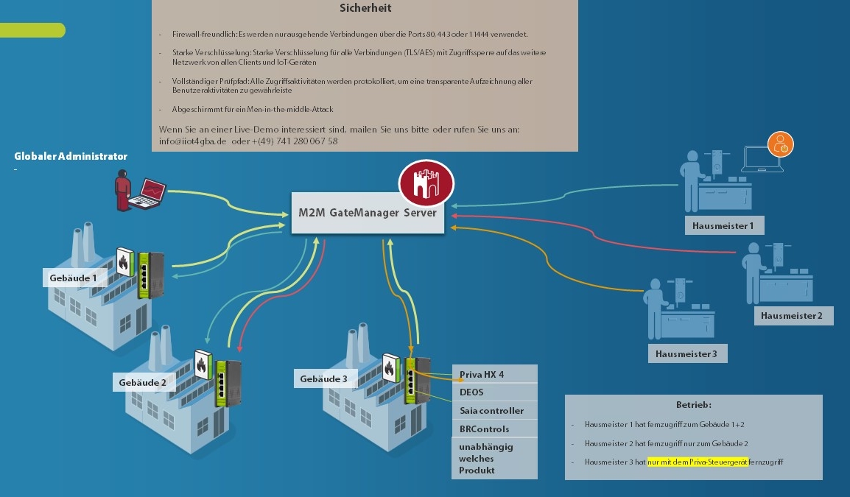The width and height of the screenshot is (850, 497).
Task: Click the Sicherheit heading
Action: coord(365,9)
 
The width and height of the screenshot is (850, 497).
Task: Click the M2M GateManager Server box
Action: coord(368,213)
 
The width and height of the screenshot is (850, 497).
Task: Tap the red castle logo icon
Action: coord(426,183)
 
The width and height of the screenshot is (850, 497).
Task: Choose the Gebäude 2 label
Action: coord(142,382)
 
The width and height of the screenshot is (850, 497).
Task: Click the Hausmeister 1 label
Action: coord(723,225)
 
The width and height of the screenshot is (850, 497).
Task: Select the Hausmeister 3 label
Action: coord(686,354)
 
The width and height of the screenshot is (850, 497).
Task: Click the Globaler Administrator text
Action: coord(71,156)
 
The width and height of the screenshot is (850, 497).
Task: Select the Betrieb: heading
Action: coord(693,405)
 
